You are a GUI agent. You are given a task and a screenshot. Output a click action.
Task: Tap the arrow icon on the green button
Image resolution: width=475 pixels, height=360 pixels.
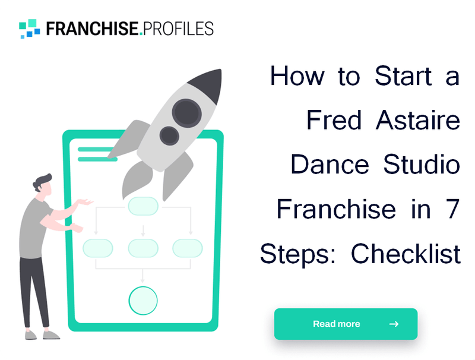pos(394,324)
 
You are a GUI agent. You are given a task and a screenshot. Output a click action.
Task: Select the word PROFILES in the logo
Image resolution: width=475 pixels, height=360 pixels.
pos(179,28)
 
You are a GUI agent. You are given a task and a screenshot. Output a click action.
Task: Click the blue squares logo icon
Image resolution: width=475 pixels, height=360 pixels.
pos(30,28)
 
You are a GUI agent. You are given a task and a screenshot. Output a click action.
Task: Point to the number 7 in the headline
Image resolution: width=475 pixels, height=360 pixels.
pos(452,209)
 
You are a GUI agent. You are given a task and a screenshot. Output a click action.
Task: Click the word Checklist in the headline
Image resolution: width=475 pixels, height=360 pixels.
pos(406,254)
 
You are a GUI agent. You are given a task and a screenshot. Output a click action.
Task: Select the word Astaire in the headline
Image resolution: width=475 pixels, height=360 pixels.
pos(419,121)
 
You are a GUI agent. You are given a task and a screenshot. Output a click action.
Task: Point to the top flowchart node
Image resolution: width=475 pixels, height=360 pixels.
pos(143,206)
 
